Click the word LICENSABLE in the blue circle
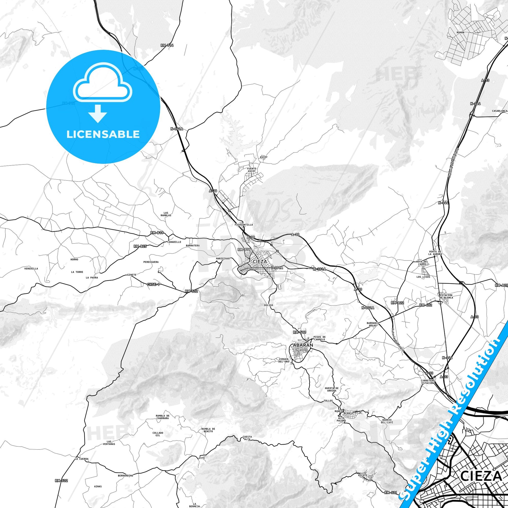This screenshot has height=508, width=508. pos(103,134)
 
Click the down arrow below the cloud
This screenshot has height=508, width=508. pos(98,113)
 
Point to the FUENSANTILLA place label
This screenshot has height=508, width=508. pos(244,225)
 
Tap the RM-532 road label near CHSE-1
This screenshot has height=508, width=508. pos(191,291)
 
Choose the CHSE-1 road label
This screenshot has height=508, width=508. pos(153,284)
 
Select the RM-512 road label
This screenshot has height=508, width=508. pos(300,332)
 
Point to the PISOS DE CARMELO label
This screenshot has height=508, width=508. pos(320,338)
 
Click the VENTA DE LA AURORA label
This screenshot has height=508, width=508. pos(435,253)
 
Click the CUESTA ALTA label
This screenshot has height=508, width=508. pos(247,438)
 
